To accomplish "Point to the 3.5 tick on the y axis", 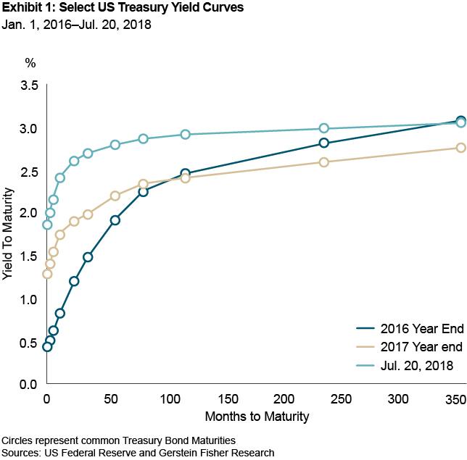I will point(29,85).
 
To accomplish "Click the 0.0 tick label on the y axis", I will point(29,385).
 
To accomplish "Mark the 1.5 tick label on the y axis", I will point(29,256).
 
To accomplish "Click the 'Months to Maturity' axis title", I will point(257,417).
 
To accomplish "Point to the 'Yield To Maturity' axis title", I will point(8,234).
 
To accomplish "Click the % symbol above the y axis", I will point(30,62).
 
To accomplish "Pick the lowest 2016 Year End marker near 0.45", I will point(47,347).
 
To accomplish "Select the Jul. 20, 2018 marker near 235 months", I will point(324,128).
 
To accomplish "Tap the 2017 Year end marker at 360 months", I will point(460,147).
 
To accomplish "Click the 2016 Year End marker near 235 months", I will point(324,143).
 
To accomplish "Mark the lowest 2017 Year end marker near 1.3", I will point(47,274).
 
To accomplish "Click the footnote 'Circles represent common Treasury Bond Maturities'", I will point(119,440).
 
